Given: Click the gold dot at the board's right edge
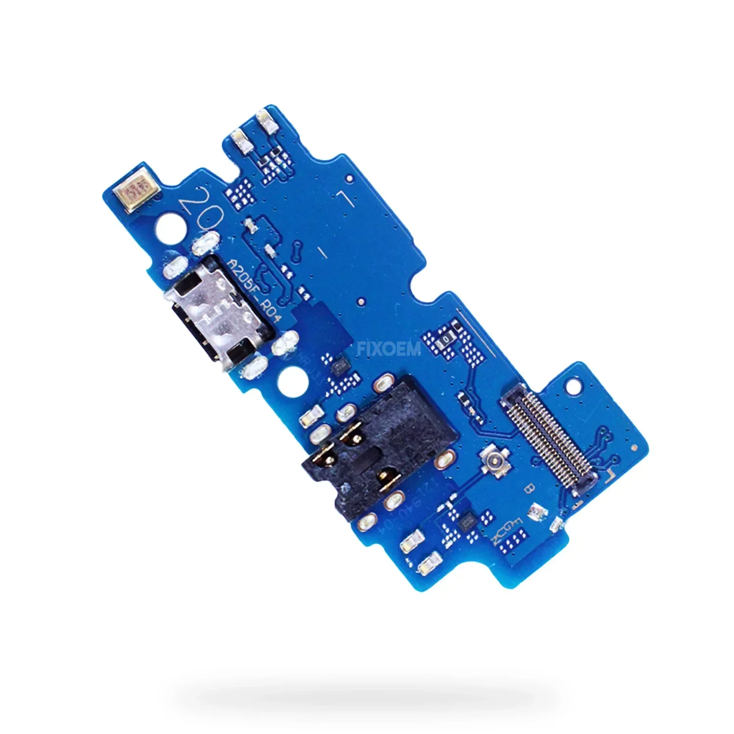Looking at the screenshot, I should [635, 447].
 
